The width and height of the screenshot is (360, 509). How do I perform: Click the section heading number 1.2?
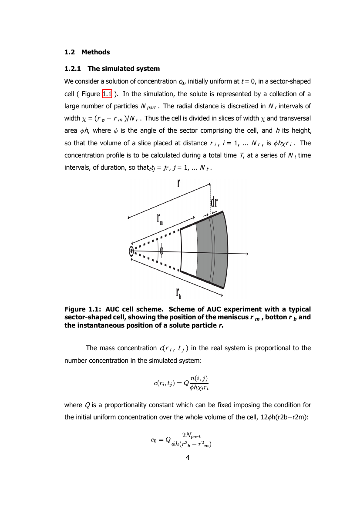(69, 52)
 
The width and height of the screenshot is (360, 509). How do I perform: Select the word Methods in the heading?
(95, 52)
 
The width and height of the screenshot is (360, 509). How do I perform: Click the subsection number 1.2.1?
(73, 69)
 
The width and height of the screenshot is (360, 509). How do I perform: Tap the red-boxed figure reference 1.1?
(107, 94)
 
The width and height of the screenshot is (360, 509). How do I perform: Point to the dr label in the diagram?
(214, 202)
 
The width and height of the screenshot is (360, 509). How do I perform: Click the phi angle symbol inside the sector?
(161, 251)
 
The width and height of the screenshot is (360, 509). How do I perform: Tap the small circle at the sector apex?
(131, 251)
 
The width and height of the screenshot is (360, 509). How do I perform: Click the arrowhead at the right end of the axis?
(246, 253)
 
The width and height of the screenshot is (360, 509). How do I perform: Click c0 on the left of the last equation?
(154, 440)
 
